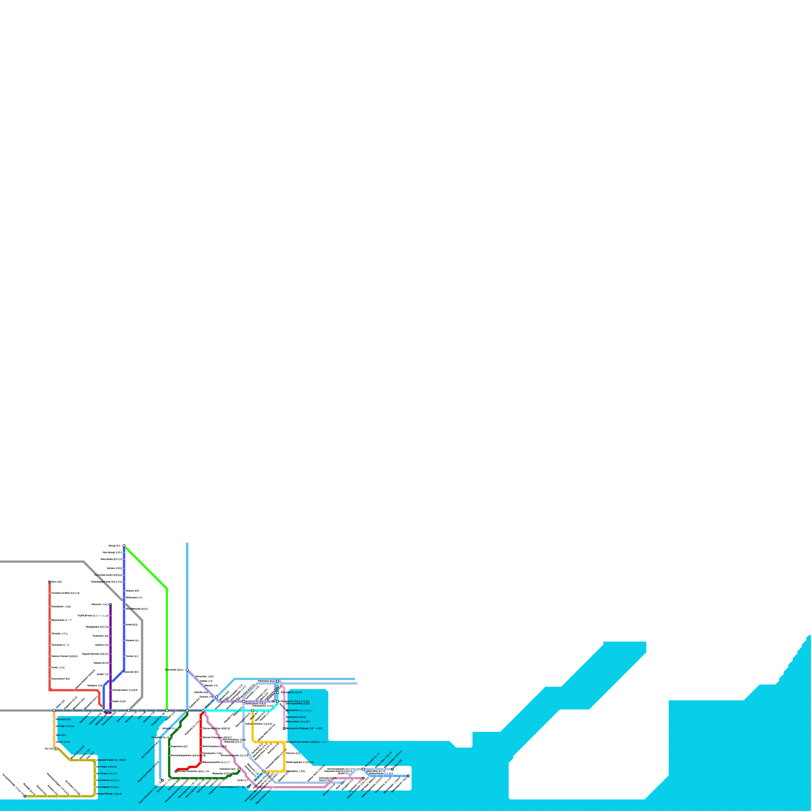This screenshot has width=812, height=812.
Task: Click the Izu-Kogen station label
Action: click(x=107, y=767)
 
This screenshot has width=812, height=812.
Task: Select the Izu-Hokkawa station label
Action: click(x=109, y=780)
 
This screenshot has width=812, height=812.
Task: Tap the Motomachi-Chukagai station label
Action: click(x=304, y=728)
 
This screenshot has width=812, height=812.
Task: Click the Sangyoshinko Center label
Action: click(x=307, y=742)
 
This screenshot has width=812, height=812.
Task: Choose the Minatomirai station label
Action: click(x=300, y=710)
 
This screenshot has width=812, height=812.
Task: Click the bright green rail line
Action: click(x=167, y=650)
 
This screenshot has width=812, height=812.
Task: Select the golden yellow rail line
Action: click(x=284, y=756)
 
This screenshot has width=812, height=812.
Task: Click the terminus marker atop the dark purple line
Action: click(x=111, y=604)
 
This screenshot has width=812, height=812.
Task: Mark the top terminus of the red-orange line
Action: click(x=50, y=582)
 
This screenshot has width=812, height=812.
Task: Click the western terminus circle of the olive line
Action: click(x=24, y=796)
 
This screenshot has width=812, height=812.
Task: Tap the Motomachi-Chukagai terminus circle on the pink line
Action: click(x=284, y=729)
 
